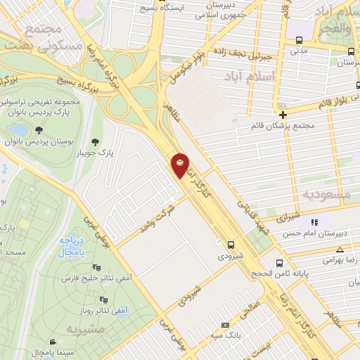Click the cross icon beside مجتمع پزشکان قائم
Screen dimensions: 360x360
click(x=283, y=115)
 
